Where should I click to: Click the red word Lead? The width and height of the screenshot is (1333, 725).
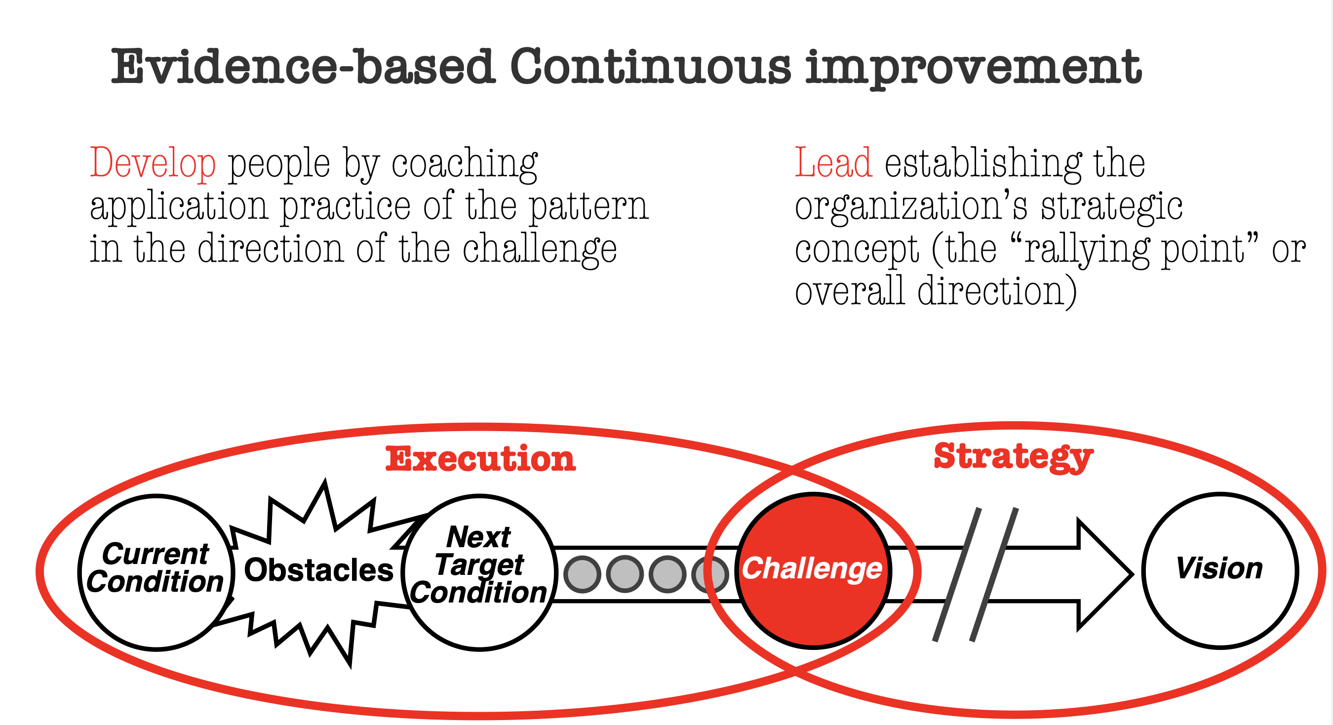point(833,163)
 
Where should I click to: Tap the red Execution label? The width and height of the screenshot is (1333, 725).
point(480,459)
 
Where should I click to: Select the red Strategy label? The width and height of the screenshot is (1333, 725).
point(1013,457)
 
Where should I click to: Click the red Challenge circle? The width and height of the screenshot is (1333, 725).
point(813,571)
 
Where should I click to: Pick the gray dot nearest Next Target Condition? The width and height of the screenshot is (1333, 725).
point(582,574)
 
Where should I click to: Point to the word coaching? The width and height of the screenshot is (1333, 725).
point(464,164)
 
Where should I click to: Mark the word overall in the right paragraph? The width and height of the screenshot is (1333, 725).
point(850,291)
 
